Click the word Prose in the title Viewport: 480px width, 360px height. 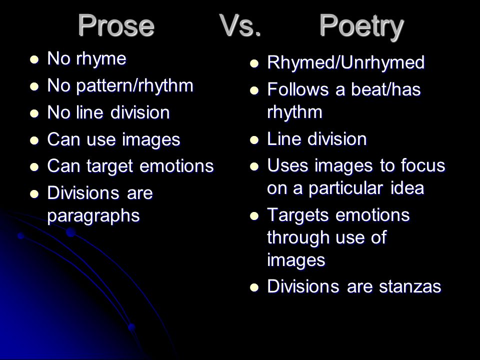pos(116,25)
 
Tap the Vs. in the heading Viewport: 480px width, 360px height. pos(240,25)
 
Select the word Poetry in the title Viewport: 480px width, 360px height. pos(361,27)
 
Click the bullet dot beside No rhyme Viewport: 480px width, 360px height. pos(34,59)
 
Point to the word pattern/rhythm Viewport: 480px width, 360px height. pos(134,85)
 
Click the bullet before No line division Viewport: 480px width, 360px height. pos(34,113)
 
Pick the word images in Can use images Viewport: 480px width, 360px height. pos(151,140)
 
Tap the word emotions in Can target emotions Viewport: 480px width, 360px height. pos(176,166)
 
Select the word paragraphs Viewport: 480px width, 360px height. pos(93,216)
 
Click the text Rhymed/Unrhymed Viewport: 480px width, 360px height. pos(346,62)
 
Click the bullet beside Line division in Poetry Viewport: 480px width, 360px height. pos(254,140)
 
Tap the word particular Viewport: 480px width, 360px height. pos(345,189)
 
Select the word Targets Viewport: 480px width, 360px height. pos(299,215)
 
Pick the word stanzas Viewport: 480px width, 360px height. pos(410,287)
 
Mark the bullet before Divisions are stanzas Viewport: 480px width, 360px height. pos(254,288)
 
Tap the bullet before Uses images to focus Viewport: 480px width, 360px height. pos(254,166)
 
